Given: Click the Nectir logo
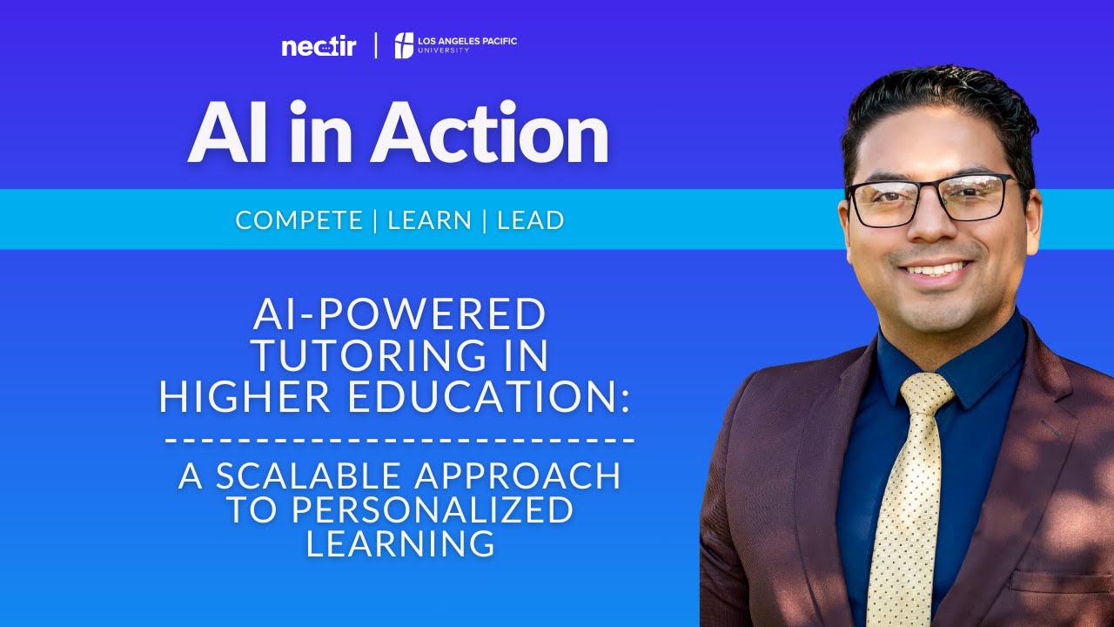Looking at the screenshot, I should [319, 47].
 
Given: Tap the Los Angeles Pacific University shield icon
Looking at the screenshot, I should [404, 45].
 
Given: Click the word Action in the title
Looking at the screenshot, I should [490, 133].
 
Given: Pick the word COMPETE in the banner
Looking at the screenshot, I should [299, 220].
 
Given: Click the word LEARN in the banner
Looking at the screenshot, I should [430, 220].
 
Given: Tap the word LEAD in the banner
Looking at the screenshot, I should [530, 220].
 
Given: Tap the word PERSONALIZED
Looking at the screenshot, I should [433, 510].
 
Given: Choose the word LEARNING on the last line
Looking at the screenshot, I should [400, 544].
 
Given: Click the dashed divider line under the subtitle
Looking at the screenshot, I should [399, 439].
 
